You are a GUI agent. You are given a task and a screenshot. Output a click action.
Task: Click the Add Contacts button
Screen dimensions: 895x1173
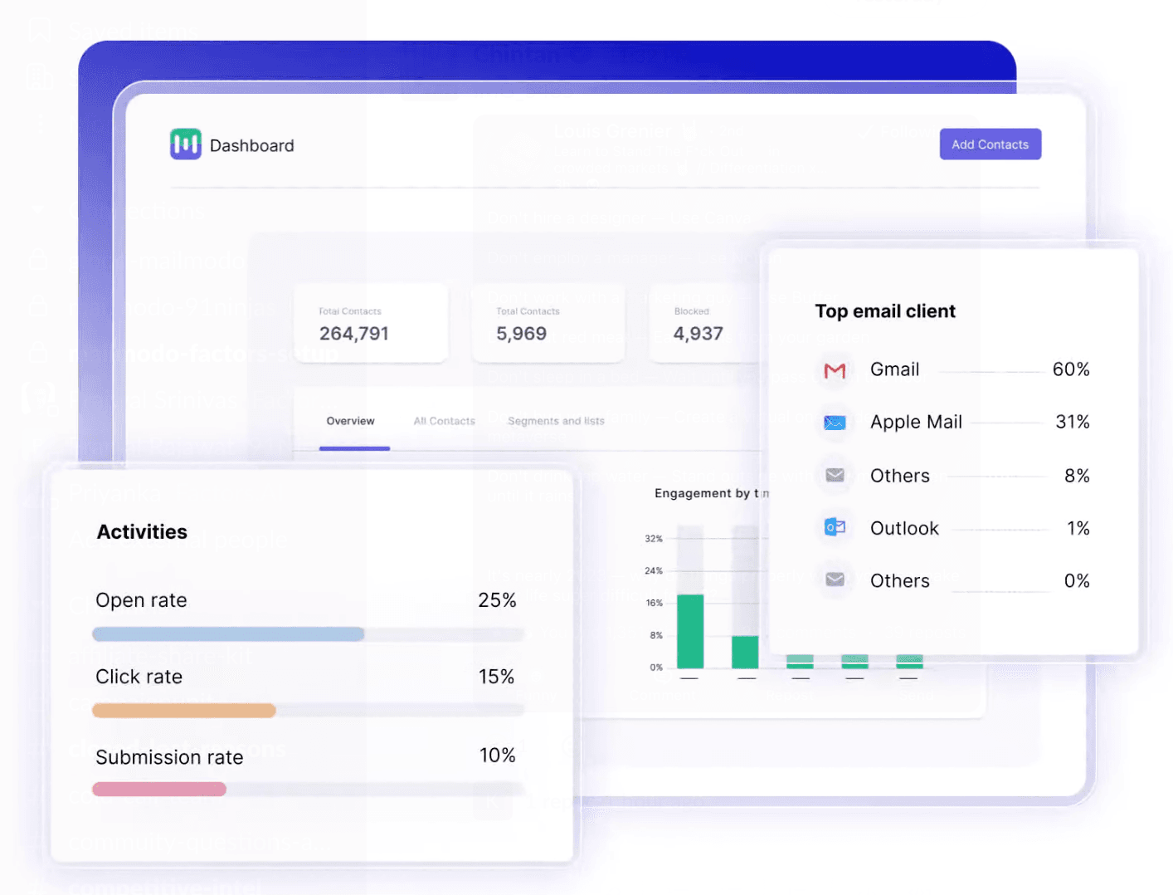[x=990, y=144]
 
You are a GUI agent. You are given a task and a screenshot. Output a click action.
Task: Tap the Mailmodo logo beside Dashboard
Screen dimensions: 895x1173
[x=186, y=144]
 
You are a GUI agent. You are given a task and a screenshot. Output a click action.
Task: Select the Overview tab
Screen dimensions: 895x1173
[x=350, y=421]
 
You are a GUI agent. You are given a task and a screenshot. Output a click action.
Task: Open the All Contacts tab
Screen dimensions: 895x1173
[x=444, y=421]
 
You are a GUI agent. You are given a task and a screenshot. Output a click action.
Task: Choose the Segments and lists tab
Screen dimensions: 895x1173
[x=556, y=421]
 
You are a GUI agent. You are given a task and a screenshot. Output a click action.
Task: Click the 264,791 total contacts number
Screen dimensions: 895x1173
[x=354, y=334]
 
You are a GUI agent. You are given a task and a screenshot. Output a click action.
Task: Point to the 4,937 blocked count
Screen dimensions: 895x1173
[x=698, y=334]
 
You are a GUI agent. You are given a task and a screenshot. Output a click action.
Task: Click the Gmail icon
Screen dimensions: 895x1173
[x=835, y=370]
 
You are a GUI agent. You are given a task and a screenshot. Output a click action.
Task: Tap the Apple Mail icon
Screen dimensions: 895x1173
[x=835, y=423]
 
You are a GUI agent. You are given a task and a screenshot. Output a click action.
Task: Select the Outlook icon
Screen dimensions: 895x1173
[x=835, y=527]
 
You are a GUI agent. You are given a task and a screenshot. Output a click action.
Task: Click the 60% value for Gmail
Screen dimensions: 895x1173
[x=1071, y=369]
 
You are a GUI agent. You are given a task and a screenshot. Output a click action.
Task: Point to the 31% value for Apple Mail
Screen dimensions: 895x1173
[x=1072, y=422]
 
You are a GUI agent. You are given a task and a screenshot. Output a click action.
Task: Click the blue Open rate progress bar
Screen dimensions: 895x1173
[x=228, y=634]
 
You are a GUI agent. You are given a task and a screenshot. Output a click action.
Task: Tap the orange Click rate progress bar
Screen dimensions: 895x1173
[x=184, y=711]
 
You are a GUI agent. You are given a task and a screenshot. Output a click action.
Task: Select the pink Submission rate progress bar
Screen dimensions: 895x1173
[x=159, y=789]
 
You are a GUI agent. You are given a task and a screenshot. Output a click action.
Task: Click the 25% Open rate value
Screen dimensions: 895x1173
[x=497, y=600]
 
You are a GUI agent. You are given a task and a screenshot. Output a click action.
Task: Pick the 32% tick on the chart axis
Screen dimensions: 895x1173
[x=654, y=539]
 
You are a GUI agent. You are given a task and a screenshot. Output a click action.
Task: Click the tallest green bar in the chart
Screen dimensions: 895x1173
[x=690, y=631]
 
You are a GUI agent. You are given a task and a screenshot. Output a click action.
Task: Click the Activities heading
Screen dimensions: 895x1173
[x=142, y=532]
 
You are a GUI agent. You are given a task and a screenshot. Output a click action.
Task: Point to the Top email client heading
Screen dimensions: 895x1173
[x=885, y=311]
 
